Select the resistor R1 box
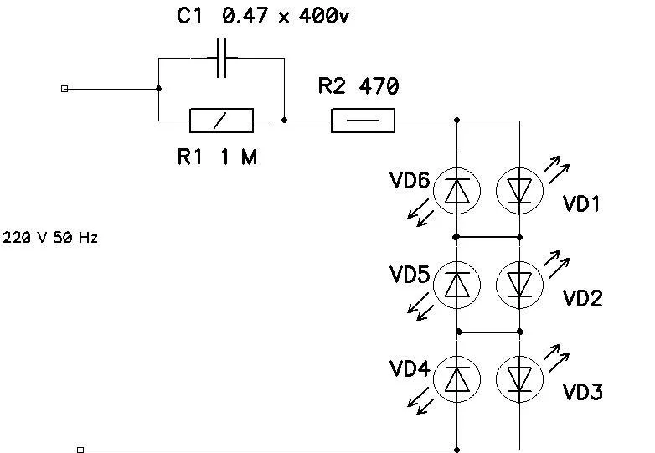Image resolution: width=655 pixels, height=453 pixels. click(x=222, y=121)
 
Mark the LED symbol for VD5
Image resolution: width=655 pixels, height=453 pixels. click(x=457, y=285)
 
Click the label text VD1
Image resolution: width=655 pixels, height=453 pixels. click(x=582, y=203)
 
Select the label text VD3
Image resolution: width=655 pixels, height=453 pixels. click(x=582, y=392)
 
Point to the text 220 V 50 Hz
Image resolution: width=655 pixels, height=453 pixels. click(x=51, y=238)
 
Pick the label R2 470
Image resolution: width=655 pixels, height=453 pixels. click(x=358, y=86)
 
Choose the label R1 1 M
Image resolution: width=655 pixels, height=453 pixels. click(x=217, y=157)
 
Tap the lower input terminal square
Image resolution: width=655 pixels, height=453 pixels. click(x=80, y=450)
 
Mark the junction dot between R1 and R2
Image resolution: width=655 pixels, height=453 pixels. click(x=285, y=121)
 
